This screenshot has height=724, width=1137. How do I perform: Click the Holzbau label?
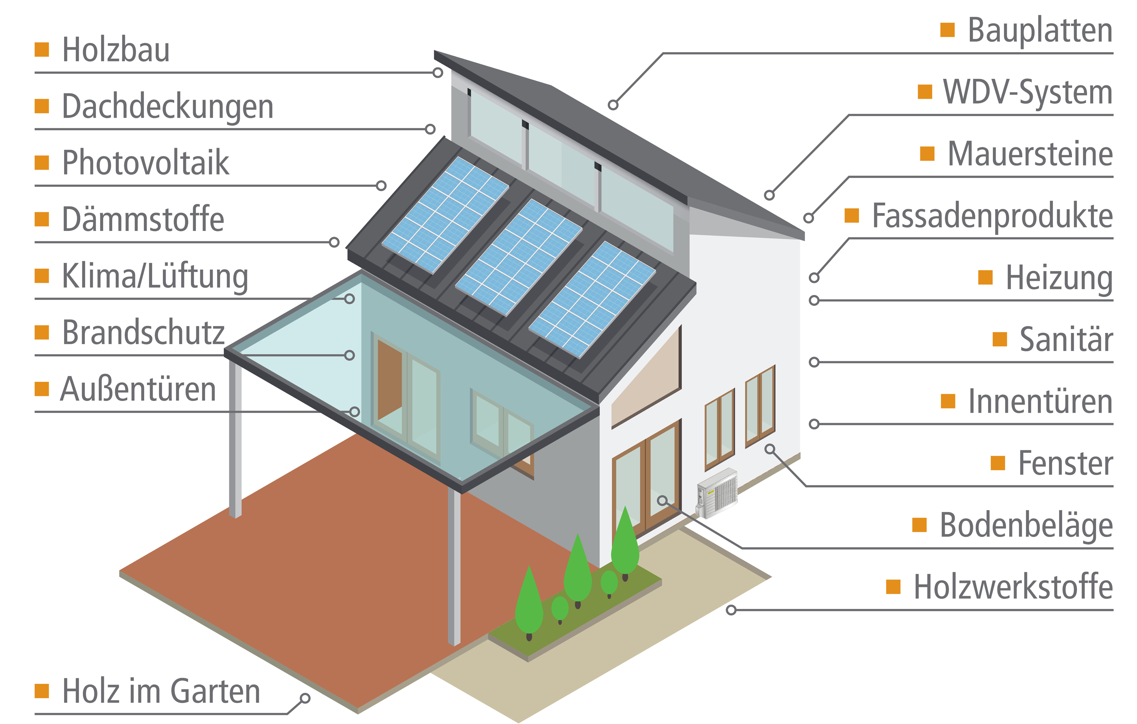click(116, 50)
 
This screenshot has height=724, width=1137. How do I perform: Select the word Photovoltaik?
click(146, 162)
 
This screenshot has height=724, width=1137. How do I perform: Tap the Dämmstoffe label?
click(143, 219)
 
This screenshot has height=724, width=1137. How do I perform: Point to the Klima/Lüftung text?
click(155, 277)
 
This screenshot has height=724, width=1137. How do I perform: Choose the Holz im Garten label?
click(161, 691)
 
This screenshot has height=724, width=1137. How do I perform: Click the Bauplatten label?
click(1040, 30)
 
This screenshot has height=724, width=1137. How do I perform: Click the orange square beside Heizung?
click(985, 277)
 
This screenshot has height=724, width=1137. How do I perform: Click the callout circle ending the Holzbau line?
click(438, 73)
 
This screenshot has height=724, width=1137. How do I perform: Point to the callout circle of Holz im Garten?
click(305, 698)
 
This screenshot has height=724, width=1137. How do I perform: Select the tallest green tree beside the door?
click(625, 543)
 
